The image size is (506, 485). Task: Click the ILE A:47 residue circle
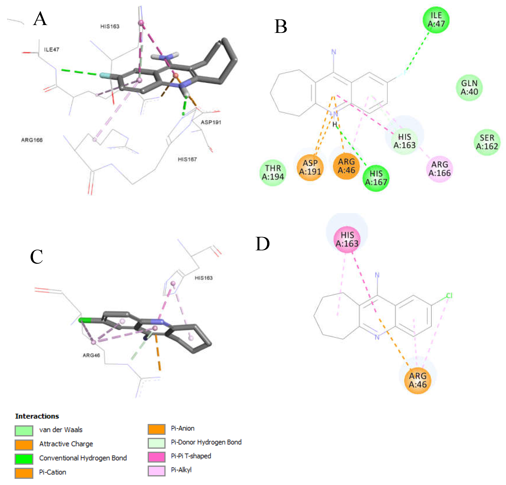click(x=436, y=20)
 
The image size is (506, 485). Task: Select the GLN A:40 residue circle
click(x=469, y=87)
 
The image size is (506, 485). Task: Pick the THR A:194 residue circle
click(x=273, y=173)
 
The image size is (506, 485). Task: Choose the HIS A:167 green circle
click(x=376, y=178)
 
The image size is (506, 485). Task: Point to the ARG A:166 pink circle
click(x=439, y=169)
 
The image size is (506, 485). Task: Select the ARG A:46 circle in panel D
click(x=417, y=380)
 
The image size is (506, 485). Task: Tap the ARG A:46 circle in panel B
click(x=346, y=166)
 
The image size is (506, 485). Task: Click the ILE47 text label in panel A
click(x=52, y=49)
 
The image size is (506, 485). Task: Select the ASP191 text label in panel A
click(x=211, y=122)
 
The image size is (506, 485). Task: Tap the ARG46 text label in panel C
click(x=91, y=355)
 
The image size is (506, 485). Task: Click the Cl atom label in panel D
click(x=449, y=296)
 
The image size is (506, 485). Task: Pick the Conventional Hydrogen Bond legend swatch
click(x=24, y=458)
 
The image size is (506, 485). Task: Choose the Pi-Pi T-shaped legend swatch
click(x=156, y=457)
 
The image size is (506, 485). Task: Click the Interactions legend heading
click(x=37, y=416)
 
